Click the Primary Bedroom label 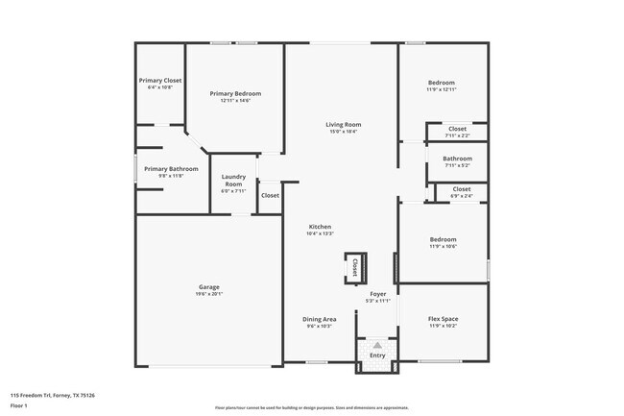pos(235,94)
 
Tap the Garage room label pos(208,287)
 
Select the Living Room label pos(342,125)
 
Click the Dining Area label pos(320,319)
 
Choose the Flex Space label pos(443,319)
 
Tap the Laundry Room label pos(234,180)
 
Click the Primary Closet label pos(159,81)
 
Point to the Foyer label pos(378,294)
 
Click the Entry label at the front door pos(377,356)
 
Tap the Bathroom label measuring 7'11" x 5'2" pos(457,159)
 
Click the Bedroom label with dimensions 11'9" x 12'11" pos(442,84)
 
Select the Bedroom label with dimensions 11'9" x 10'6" pos(443,239)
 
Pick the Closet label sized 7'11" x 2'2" pos(457,129)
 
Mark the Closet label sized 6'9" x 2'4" pos(461,189)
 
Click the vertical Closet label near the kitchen pos(354,265)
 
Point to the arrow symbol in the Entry pos(377,344)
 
